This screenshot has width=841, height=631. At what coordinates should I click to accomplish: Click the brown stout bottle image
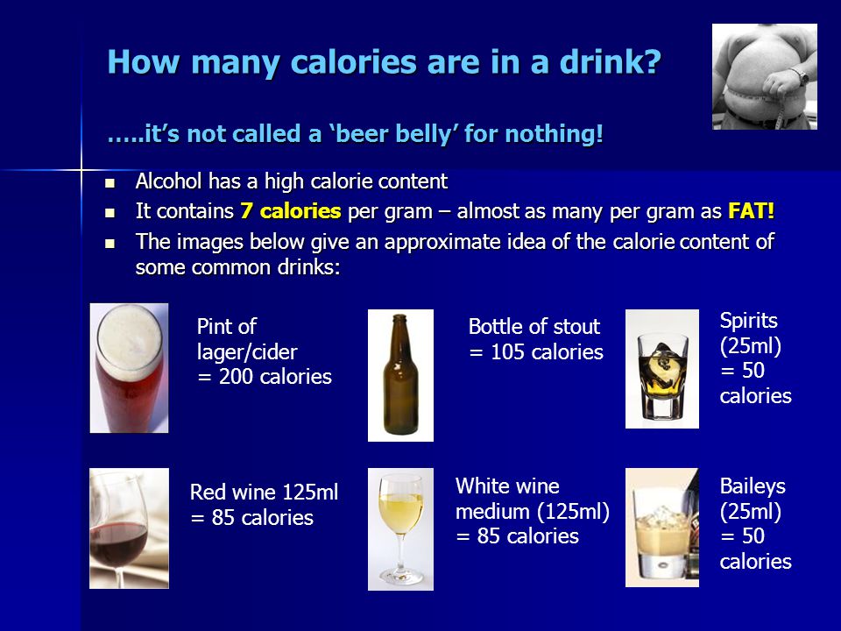(400, 375)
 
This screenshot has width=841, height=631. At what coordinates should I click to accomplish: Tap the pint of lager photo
(130, 368)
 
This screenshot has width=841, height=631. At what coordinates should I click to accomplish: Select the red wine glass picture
(130, 528)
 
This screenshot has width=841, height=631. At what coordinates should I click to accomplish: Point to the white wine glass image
(400, 529)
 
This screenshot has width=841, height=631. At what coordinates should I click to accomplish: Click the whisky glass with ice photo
(662, 369)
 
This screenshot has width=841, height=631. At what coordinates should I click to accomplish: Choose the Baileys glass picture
(662, 528)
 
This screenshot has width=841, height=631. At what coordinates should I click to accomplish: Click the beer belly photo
(764, 77)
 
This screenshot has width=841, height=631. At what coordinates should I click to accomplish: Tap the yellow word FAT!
(751, 211)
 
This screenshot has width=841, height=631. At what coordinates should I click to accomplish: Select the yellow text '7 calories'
(290, 211)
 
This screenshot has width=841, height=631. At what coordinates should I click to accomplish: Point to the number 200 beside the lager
(236, 377)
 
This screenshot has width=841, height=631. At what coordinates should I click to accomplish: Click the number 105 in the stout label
(507, 352)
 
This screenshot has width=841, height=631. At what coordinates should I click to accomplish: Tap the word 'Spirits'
(748, 321)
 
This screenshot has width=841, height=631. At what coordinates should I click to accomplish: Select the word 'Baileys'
(753, 486)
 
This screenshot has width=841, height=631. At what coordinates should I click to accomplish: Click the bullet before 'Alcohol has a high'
(110, 183)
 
